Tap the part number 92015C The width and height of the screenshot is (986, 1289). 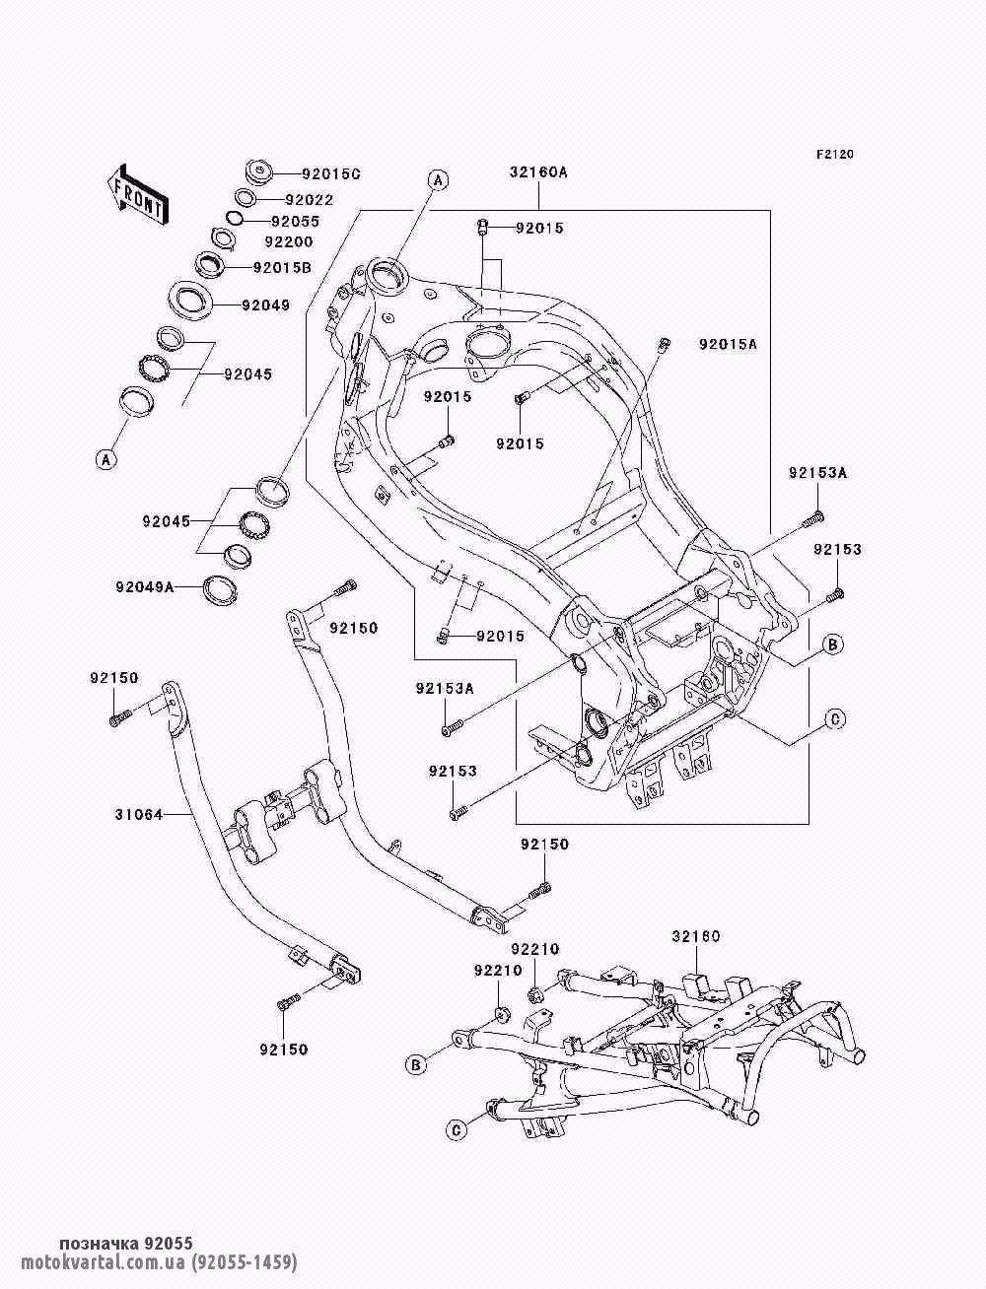point(304,174)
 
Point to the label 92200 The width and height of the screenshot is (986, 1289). point(289,241)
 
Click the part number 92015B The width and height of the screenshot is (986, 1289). point(283,267)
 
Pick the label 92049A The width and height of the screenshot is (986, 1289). point(143,587)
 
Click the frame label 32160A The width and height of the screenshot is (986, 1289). point(538,172)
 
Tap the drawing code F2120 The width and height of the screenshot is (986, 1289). point(834,155)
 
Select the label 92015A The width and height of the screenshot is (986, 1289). point(728,345)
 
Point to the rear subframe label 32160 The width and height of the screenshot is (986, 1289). point(697,935)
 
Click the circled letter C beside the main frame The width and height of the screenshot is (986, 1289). point(833,720)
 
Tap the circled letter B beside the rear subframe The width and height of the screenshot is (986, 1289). point(416,1064)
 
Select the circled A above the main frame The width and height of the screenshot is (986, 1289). point(437,179)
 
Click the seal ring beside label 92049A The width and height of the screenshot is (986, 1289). point(220,589)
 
